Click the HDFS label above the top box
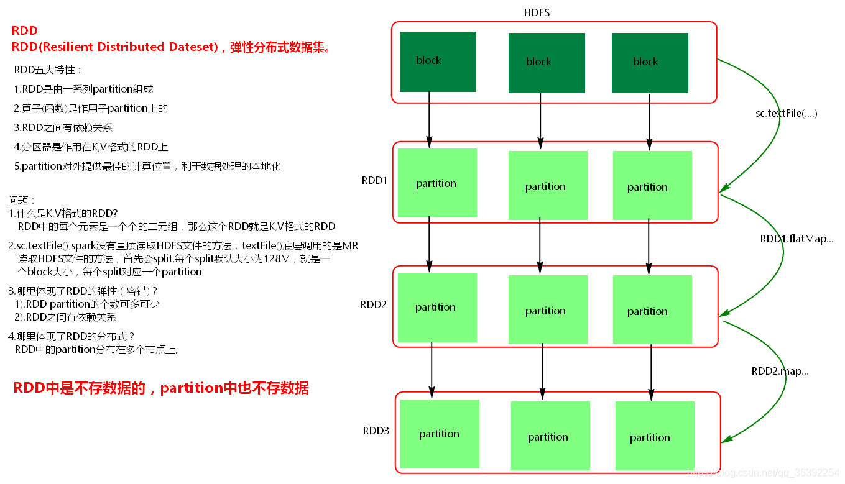coord(537,12)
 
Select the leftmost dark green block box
coord(438,62)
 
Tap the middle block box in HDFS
coord(547,63)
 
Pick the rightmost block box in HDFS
coord(650,63)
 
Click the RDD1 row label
coord(374,181)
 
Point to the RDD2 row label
coord(374,304)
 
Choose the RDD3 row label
coord(376,431)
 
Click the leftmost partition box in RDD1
coord(437,183)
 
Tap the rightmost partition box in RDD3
coord(655,437)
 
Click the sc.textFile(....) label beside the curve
coord(786,113)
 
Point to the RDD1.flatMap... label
coord(797,239)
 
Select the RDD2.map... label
coord(780,371)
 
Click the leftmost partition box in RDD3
coord(440,434)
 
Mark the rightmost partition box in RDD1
coord(652,186)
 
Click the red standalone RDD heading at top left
coord(25,30)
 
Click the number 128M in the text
coord(277,258)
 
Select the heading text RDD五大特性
coord(48,70)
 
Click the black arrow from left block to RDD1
coord(429,118)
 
